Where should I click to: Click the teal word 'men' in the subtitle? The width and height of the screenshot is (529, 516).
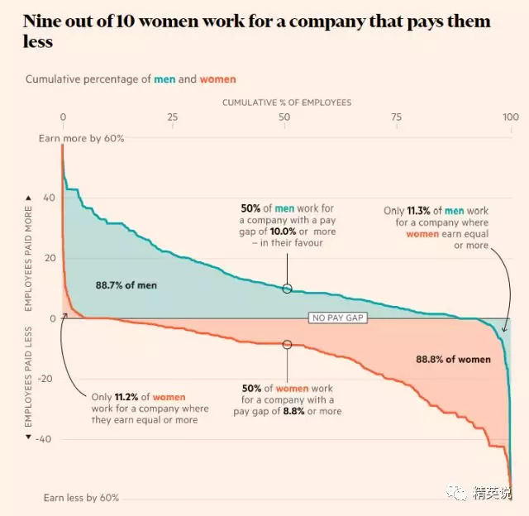(x=164, y=79)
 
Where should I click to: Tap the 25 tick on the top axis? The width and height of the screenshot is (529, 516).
(x=173, y=117)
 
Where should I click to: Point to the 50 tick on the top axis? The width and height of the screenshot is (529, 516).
(x=284, y=117)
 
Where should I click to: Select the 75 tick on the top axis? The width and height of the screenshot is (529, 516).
(x=397, y=117)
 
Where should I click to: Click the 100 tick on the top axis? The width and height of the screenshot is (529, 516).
(x=510, y=117)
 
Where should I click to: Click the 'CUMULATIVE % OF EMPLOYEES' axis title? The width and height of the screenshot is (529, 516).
(x=286, y=103)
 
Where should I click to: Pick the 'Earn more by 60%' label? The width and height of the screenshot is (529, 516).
(x=81, y=138)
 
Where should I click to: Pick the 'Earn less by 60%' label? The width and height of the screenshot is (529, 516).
(x=81, y=498)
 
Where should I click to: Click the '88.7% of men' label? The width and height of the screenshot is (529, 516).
(x=126, y=285)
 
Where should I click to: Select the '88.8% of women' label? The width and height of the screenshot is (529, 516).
(x=452, y=359)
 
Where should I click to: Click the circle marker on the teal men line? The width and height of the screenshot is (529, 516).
(x=287, y=289)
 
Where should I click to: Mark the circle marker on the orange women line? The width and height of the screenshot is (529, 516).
(x=287, y=344)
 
